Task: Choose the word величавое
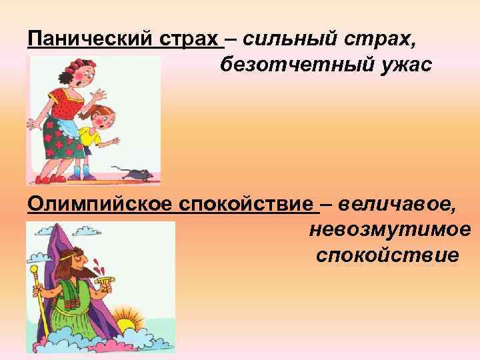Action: pos(397,203)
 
